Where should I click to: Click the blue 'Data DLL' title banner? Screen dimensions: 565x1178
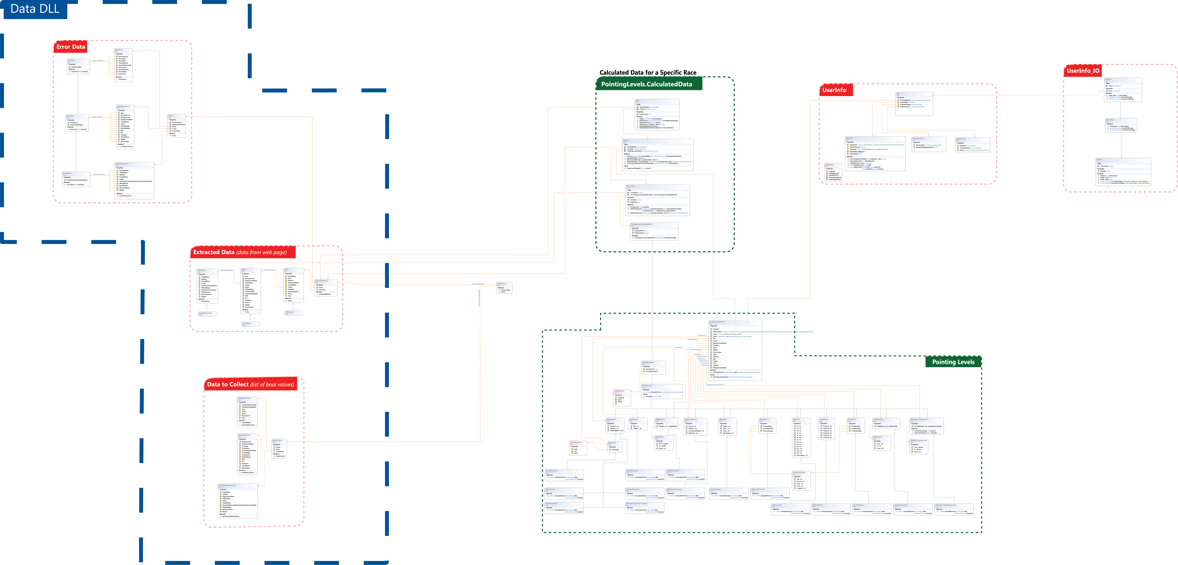tap(35, 9)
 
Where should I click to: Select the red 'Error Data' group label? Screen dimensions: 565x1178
tap(70, 47)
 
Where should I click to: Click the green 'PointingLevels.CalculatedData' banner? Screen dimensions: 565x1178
tap(646, 84)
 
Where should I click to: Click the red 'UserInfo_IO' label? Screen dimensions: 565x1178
tap(1082, 71)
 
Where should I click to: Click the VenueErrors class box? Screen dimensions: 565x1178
tap(124, 65)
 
